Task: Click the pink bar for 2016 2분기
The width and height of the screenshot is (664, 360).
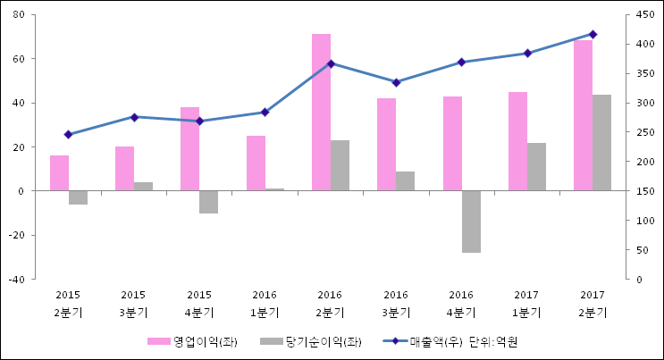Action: (321, 113)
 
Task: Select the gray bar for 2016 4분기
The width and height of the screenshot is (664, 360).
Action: (471, 222)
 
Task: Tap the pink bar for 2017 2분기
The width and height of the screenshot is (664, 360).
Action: (583, 115)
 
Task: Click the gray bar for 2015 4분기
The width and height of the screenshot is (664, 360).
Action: (208, 202)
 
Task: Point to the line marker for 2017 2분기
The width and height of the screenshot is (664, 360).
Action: (593, 34)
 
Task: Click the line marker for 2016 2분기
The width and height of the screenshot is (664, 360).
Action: (331, 63)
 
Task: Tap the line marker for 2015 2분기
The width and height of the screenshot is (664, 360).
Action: (68, 134)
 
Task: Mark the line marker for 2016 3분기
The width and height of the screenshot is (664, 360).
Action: (396, 82)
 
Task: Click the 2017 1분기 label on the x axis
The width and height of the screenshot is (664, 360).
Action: (527, 304)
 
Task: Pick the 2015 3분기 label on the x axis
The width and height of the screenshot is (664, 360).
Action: (133, 304)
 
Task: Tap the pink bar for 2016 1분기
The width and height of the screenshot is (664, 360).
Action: (256, 163)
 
